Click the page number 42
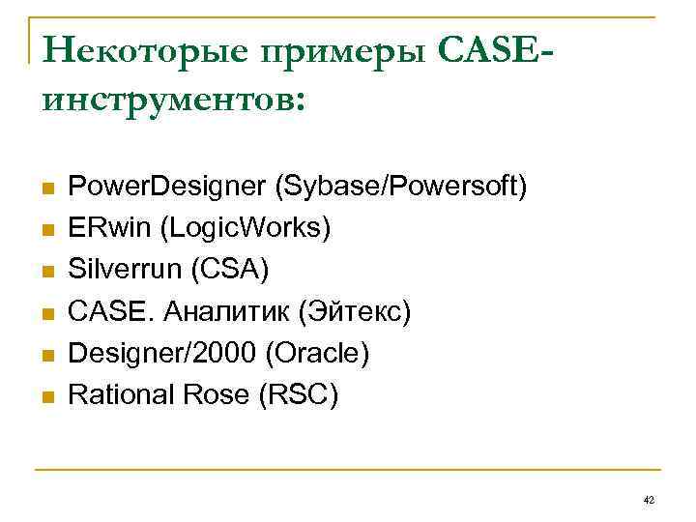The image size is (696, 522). (x=648, y=499)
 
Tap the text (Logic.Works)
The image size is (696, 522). (x=246, y=228)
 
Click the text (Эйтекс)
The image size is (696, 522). (x=356, y=312)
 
